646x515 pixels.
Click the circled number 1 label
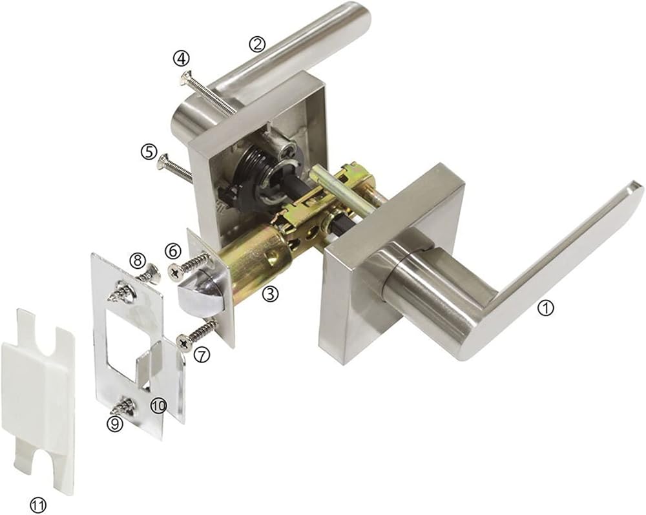pos(546,308)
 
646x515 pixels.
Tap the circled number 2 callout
pos(257,44)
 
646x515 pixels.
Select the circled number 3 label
pos(270,294)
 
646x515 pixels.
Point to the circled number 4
pos(181,58)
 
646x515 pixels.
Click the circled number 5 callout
pos(149,152)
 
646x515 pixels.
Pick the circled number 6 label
pos(172,251)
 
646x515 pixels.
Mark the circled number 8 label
pos(137,260)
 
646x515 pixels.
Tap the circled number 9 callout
pos(115,423)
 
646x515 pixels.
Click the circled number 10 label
pos(158,406)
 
